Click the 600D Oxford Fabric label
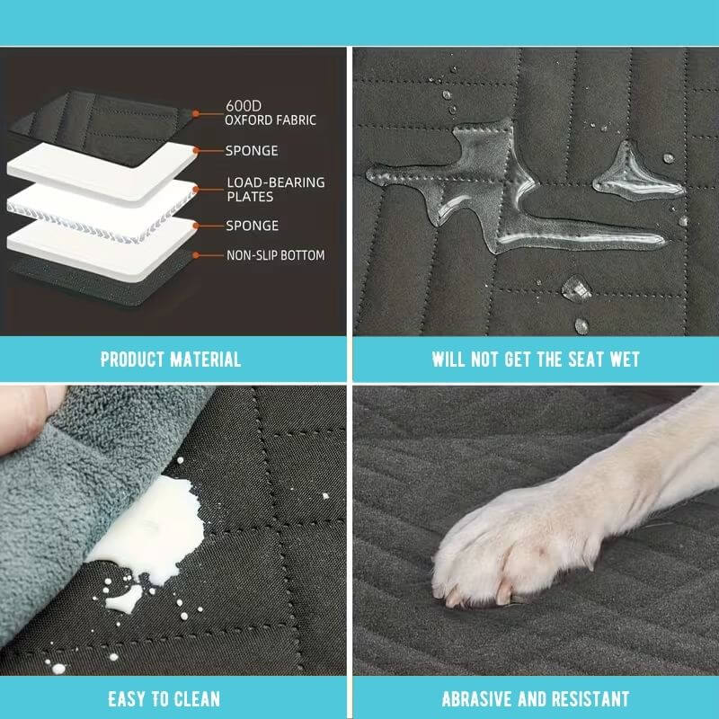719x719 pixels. [x=271, y=113]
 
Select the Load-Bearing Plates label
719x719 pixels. [x=276, y=190]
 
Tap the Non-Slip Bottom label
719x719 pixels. [x=276, y=255]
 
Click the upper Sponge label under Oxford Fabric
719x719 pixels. [x=252, y=151]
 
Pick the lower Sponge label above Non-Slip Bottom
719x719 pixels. [x=253, y=226]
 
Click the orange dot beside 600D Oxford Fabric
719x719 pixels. [x=196, y=113]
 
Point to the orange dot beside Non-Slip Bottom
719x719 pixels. [x=196, y=255]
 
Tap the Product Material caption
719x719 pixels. [x=171, y=359]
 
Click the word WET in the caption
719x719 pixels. [x=624, y=359]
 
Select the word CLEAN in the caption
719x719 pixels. [x=197, y=699]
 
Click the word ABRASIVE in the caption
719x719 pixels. [x=477, y=699]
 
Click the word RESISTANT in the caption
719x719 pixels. [x=590, y=699]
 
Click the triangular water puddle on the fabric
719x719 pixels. [x=635, y=179]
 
